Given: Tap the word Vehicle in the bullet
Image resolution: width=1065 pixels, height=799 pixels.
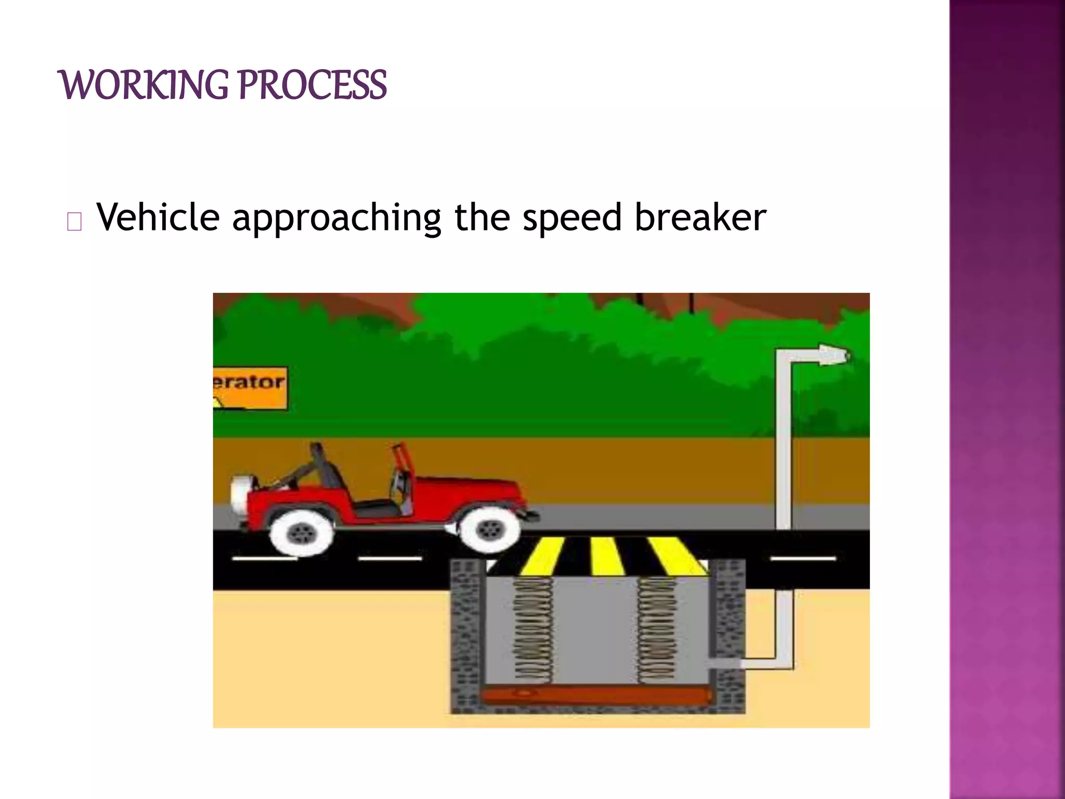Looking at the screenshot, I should [159, 217].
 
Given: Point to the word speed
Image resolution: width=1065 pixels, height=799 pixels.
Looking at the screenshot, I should [572, 217].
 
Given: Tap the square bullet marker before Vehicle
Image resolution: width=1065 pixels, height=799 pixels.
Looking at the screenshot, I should [74, 222].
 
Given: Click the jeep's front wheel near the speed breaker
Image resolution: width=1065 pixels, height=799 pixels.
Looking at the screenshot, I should [488, 530].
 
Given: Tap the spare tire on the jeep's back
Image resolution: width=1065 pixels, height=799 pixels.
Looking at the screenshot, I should [240, 495].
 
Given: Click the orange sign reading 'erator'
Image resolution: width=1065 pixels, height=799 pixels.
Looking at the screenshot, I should [250, 388].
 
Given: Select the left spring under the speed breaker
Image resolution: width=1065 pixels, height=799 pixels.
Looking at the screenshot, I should [534, 629].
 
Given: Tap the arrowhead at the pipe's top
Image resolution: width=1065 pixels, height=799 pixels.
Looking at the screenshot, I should [834, 355].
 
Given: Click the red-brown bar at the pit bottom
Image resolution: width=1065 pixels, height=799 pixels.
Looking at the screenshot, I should [595, 695].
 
